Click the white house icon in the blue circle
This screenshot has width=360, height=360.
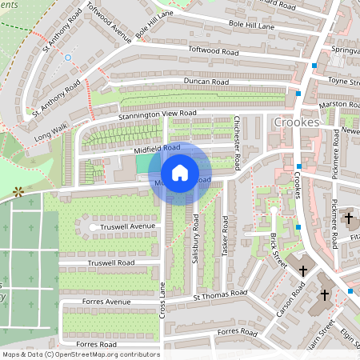tap(180, 172)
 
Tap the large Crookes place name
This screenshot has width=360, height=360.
tap(297, 122)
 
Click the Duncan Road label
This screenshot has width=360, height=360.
tap(206, 82)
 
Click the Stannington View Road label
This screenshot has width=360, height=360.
tap(158, 114)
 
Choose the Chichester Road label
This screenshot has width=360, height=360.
tap(238, 141)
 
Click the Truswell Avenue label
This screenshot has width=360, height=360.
tap(132, 226)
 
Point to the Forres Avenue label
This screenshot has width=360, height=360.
tap(108, 302)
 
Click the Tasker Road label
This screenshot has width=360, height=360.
tap(226, 236)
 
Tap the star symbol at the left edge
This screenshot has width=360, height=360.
tap(18, 192)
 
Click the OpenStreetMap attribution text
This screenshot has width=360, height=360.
tap(80, 354)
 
